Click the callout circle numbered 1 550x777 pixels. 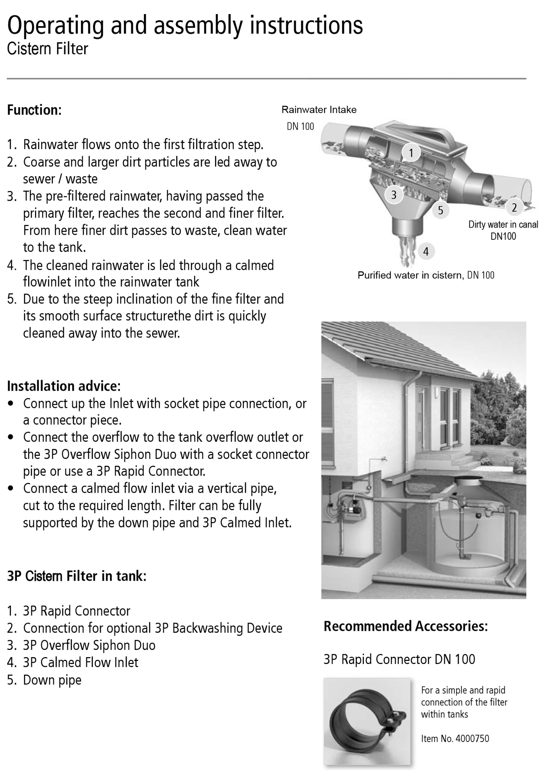click(x=411, y=153)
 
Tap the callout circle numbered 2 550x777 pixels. click(x=514, y=207)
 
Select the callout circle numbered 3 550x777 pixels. click(x=394, y=195)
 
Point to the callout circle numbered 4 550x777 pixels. click(x=426, y=251)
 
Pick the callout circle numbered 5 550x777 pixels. click(x=440, y=210)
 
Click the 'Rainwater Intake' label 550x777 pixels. click(x=319, y=110)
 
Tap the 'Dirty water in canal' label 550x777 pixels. click(x=503, y=225)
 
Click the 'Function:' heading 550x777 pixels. click(x=34, y=110)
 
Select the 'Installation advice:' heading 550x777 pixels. click(x=64, y=386)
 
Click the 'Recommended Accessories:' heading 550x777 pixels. click(x=405, y=626)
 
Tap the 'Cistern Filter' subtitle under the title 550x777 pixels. click(x=48, y=49)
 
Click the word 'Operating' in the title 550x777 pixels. click(x=56, y=26)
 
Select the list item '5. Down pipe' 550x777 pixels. click(x=44, y=680)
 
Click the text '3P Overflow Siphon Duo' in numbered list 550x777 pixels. click(x=89, y=645)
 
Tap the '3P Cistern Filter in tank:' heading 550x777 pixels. click(x=77, y=576)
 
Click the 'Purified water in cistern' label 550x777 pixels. click(x=409, y=275)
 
